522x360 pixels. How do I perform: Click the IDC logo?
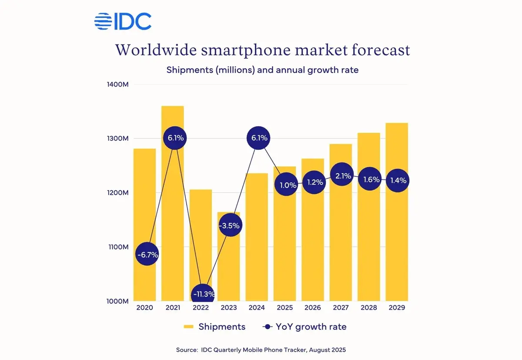point(123,21)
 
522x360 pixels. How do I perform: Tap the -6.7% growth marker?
point(147,255)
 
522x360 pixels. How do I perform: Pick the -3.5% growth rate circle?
point(229,225)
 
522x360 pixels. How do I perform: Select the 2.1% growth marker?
point(341,175)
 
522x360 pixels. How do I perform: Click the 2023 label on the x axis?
point(229,308)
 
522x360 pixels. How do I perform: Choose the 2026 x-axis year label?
point(313,308)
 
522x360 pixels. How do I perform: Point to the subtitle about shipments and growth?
point(262,70)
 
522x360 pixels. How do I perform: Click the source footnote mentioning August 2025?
point(261,350)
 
